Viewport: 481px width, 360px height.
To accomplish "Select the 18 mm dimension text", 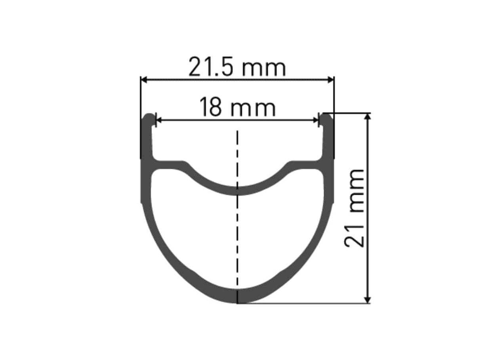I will (x=237, y=108).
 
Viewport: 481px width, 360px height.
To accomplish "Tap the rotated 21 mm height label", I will (x=354, y=208).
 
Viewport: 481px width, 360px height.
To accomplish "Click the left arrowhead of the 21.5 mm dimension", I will (x=144, y=80).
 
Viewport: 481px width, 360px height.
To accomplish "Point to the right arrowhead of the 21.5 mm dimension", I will (x=331, y=80).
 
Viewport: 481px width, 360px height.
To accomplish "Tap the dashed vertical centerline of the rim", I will (x=237, y=238).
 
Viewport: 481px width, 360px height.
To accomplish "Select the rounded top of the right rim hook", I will (x=326, y=116).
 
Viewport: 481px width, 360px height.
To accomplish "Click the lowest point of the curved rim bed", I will (x=237, y=190).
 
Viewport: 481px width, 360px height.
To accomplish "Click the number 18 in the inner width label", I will (x=210, y=108).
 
